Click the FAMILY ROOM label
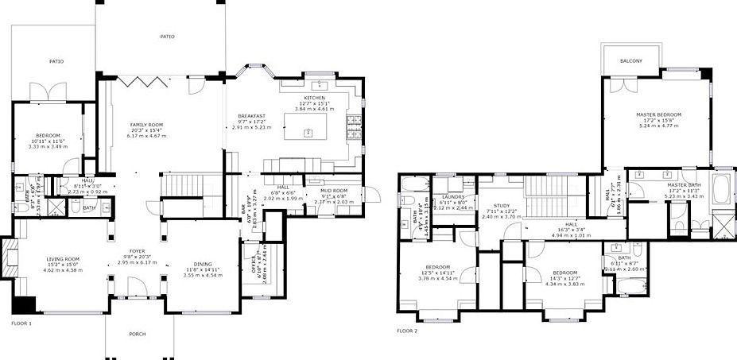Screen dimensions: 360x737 point(146,125)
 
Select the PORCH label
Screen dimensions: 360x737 point(138,334)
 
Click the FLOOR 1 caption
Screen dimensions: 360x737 point(21,323)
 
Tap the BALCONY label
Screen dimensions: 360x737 point(631,61)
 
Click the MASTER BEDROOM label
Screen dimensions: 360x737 point(659,114)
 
